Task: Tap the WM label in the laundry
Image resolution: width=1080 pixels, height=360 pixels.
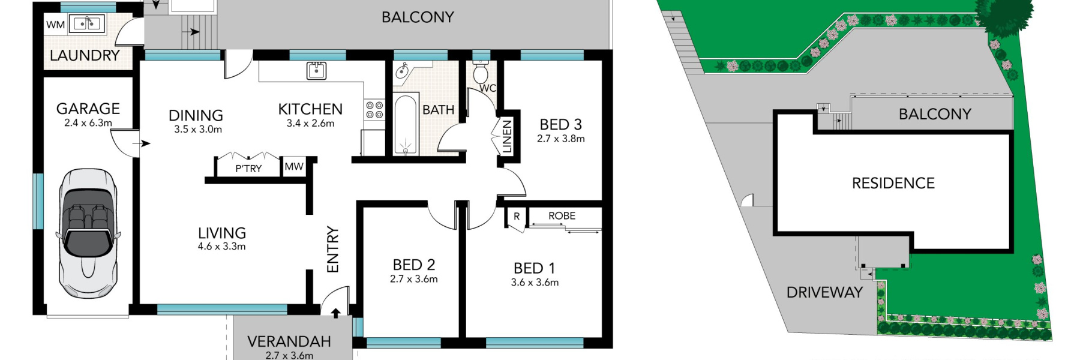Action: tap(55, 25)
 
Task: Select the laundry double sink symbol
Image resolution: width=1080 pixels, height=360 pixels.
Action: tap(88, 24)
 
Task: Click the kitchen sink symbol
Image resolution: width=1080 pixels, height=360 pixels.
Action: tap(316, 70)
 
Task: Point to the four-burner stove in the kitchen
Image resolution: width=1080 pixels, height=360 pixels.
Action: tap(374, 110)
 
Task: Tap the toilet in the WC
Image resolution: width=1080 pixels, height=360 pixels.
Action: tap(481, 73)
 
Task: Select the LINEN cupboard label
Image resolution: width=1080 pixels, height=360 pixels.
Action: tap(507, 137)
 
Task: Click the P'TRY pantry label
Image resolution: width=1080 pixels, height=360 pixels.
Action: tap(248, 169)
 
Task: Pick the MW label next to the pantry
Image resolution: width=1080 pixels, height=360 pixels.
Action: tap(294, 166)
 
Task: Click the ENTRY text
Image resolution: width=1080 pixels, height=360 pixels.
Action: tap(333, 249)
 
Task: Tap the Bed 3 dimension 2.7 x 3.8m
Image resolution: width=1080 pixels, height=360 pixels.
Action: tap(560, 139)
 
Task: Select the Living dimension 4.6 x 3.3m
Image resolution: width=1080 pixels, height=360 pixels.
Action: tap(221, 246)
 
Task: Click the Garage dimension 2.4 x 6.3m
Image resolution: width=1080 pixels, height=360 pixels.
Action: tap(88, 122)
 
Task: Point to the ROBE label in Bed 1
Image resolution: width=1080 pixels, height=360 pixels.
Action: tap(562, 215)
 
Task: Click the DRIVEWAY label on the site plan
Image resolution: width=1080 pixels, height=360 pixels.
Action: tap(824, 292)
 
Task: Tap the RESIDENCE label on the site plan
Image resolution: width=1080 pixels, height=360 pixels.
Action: tap(893, 183)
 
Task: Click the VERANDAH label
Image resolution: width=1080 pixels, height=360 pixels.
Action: tap(289, 341)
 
